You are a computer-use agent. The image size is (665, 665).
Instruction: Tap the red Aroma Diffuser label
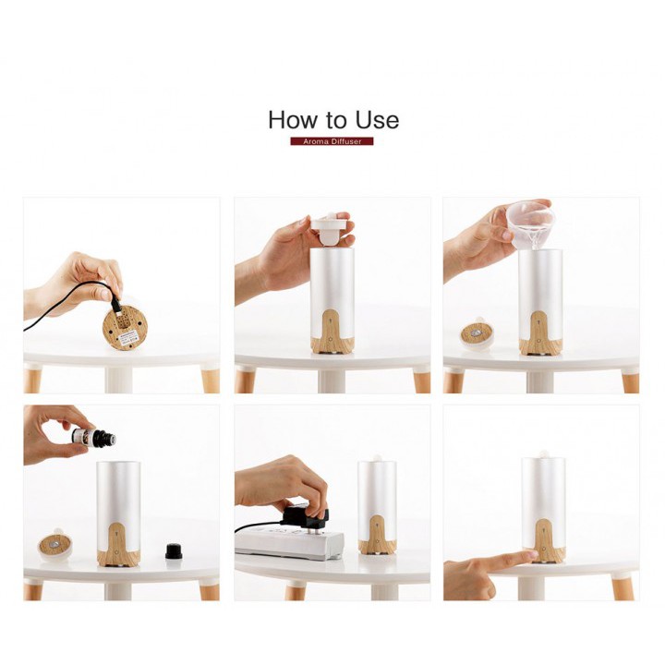(332, 141)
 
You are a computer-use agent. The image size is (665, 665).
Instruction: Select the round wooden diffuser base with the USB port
(125, 327)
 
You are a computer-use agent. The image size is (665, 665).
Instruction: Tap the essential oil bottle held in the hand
(93, 438)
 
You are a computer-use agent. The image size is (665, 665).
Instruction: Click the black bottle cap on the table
(174, 551)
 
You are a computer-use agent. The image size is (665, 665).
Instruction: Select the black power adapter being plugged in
(305, 517)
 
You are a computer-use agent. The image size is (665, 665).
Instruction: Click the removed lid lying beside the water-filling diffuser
(478, 333)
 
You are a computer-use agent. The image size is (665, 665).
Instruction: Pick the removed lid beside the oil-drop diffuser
(55, 545)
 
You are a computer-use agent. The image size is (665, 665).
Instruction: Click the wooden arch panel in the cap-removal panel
(332, 332)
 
